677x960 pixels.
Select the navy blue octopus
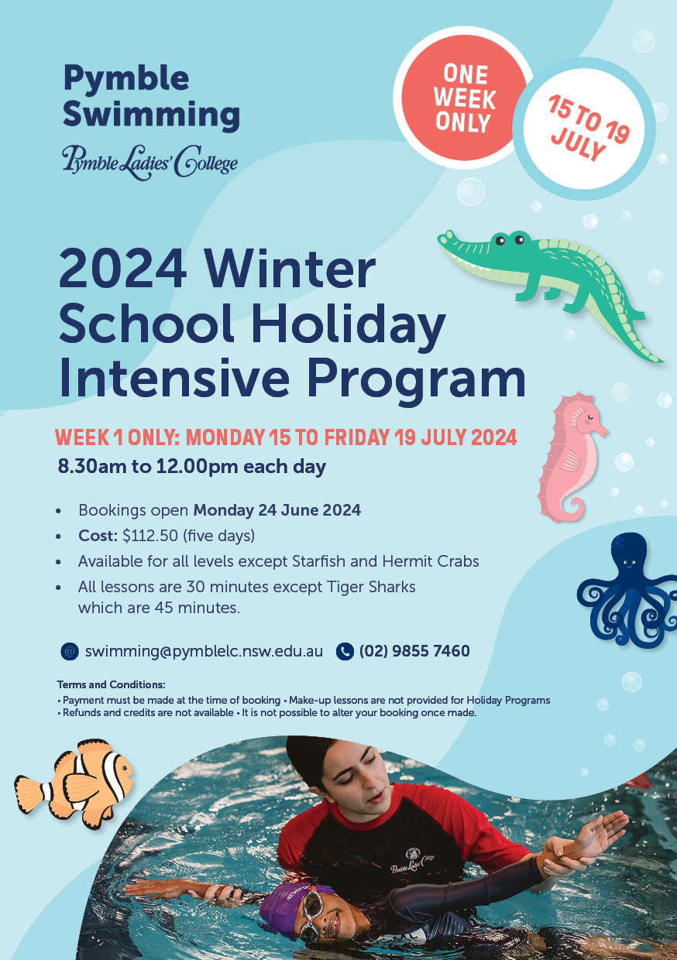click(x=627, y=588)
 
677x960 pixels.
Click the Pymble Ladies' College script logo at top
click(x=149, y=161)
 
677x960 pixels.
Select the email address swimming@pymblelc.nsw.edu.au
click(x=204, y=651)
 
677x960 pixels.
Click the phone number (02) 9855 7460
click(x=414, y=651)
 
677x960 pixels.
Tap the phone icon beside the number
click(x=345, y=651)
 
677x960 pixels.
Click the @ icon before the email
click(x=70, y=651)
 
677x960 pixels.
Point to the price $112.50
click(x=149, y=536)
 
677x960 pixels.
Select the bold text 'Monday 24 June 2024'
click(x=277, y=510)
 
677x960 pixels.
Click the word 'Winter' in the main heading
click(x=290, y=269)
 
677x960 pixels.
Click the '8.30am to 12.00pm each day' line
click(x=192, y=467)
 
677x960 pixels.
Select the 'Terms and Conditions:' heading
click(x=111, y=685)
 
